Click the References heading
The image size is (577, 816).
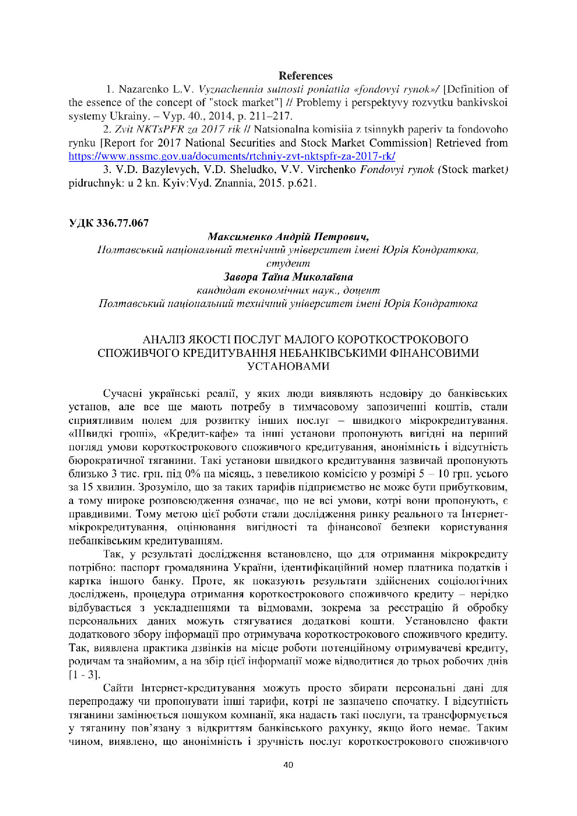[305, 76]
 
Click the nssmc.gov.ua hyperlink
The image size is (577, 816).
[232, 156]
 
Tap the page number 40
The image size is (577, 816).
[288, 765]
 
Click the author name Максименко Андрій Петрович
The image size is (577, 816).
[288, 236]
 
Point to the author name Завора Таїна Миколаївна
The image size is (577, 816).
[288, 277]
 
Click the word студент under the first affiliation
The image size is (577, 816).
[288, 263]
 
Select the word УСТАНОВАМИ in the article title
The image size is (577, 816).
[288, 366]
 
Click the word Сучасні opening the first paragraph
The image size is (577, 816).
[122, 394]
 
